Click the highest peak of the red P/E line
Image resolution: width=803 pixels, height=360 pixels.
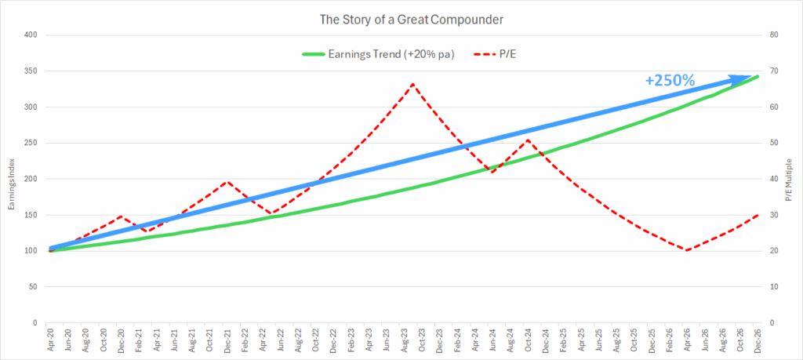coord(412,83)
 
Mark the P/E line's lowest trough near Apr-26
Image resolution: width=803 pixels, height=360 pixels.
coord(687,250)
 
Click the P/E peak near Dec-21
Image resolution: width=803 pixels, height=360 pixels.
coord(226,181)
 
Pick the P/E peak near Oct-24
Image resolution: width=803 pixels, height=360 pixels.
coord(528,140)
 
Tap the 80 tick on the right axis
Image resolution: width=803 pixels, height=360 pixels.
coord(772,35)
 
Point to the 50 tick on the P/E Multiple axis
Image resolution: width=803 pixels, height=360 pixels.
coord(772,143)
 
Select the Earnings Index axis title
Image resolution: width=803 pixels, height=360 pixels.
coord(9,178)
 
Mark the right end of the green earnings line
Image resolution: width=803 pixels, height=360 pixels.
coord(758,76)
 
